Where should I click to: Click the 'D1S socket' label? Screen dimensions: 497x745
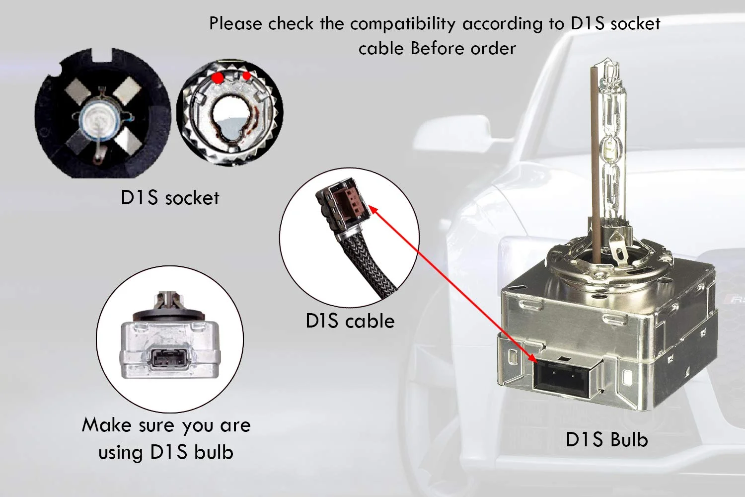coord(170,198)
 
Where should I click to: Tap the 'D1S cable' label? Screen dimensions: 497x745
coord(350,321)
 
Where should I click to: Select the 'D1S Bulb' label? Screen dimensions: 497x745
coord(606,440)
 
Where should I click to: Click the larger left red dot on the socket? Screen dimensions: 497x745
coord(217,78)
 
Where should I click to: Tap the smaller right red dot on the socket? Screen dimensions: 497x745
coord(246,76)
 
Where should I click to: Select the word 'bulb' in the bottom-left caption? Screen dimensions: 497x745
coord(214,452)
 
